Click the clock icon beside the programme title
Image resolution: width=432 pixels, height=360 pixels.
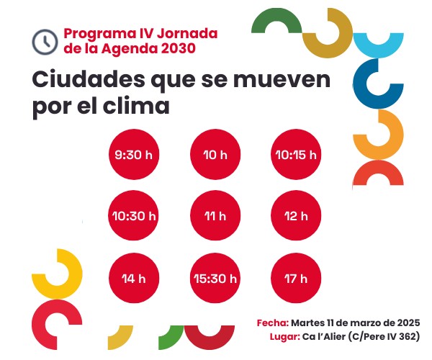click(45, 40)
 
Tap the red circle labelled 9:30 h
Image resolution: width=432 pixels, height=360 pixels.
click(133, 154)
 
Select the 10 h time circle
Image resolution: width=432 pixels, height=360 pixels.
click(215, 154)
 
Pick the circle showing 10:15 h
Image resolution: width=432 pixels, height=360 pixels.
click(295, 154)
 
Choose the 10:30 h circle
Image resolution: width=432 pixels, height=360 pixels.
click(133, 215)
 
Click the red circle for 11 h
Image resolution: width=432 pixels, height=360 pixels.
click(215, 215)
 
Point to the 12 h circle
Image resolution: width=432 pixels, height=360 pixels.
click(295, 215)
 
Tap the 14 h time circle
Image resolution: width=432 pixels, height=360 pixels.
click(133, 278)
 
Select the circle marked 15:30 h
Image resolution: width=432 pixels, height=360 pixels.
click(215, 278)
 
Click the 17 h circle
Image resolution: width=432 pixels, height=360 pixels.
click(295, 278)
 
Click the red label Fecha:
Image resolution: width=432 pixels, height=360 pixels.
click(272, 323)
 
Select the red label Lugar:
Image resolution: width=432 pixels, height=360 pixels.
click(276, 337)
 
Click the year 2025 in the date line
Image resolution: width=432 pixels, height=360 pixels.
click(406, 323)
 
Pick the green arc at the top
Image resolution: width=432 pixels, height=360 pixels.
click(276, 19)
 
